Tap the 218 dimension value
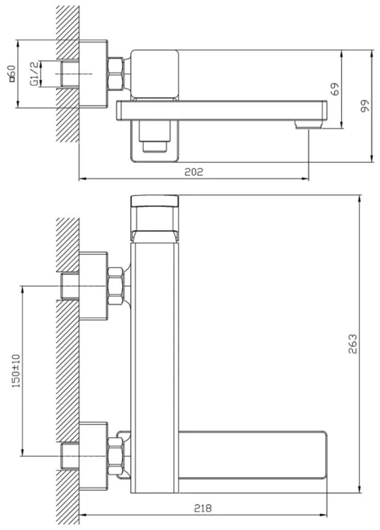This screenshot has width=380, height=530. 203,508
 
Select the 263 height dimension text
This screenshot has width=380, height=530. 352,344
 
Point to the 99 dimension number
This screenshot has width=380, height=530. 365,106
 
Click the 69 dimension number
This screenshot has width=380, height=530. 334,89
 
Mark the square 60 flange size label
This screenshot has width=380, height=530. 11,74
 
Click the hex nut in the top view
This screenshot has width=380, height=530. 115,74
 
